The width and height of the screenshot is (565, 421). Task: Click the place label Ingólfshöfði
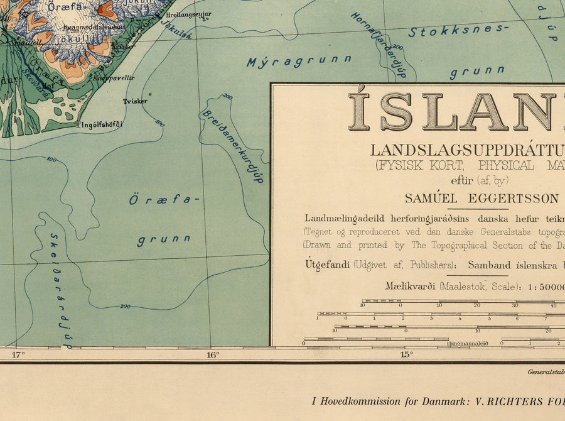pos(100,124)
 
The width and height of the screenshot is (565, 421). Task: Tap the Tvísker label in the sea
pos(135,101)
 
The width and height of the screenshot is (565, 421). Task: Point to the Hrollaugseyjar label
pos(189,14)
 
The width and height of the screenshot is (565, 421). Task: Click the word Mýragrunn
pos(299,61)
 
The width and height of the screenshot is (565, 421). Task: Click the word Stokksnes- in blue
pos(457,30)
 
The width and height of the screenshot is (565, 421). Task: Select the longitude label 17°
pos(18,354)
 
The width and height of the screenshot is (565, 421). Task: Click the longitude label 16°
pos(213,354)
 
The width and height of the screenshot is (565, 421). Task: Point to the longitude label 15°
pos(407,354)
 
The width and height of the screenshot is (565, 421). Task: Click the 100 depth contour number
pos(51,160)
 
